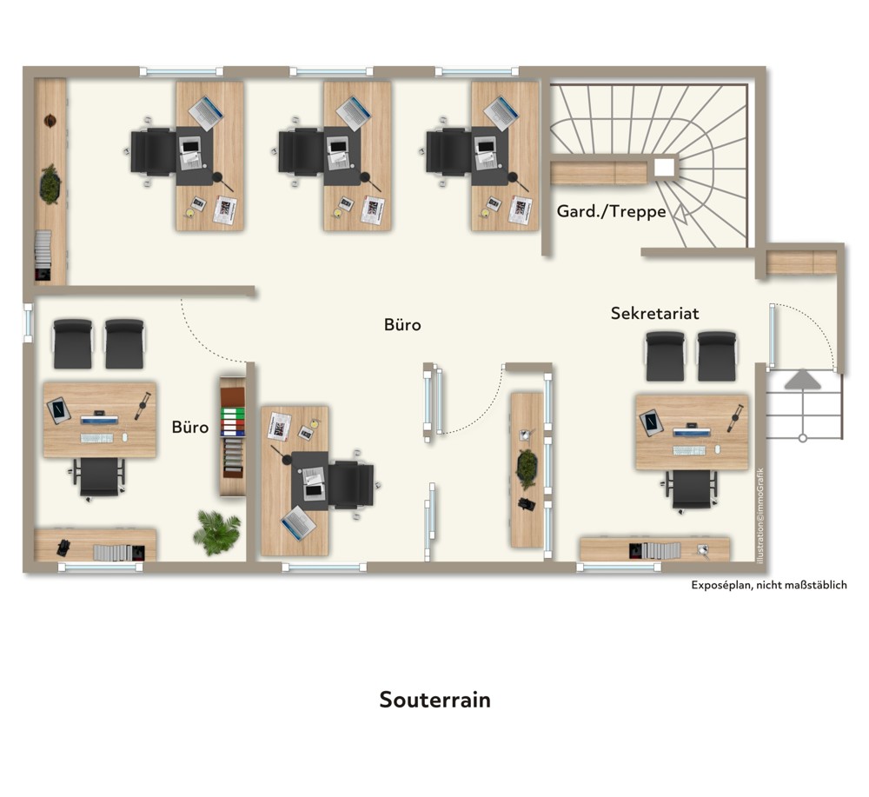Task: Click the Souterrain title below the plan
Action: point(435,700)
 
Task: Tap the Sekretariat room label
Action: point(654,313)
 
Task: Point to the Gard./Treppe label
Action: point(611,211)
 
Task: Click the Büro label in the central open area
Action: point(402,324)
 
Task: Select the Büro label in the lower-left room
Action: point(190,427)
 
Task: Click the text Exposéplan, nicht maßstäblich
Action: point(769,585)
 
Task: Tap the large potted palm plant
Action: point(216,532)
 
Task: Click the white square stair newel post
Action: point(664,168)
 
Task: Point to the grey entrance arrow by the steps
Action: point(802,380)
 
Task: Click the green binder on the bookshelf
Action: point(232,413)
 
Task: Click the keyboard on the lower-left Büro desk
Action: point(97,438)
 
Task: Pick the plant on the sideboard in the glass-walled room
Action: point(526,469)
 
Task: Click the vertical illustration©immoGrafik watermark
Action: point(760,515)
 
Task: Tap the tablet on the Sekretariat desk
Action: point(651,422)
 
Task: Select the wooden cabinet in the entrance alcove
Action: point(801,262)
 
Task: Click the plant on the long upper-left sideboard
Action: point(50,183)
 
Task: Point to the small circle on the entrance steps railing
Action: point(802,438)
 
